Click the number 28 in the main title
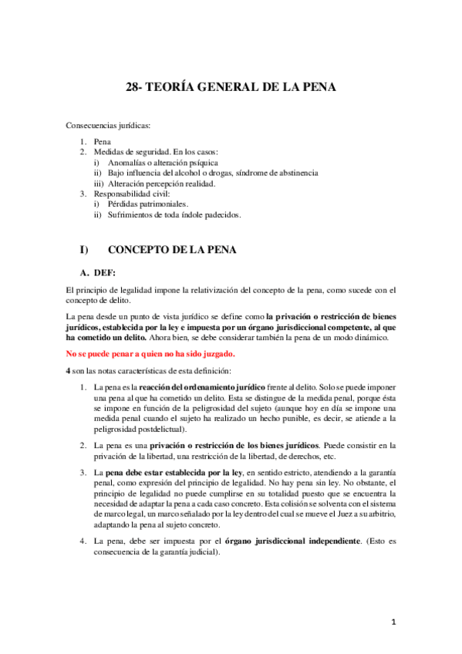131,87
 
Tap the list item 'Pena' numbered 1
102,143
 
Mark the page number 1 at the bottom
393,622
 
